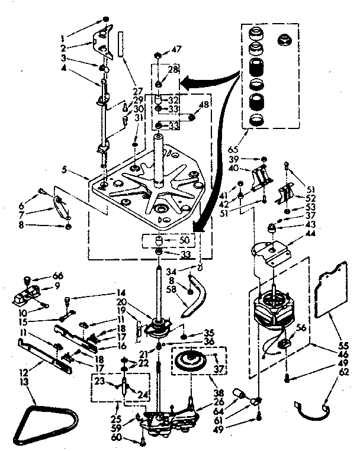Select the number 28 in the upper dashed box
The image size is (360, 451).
click(x=173, y=70)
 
